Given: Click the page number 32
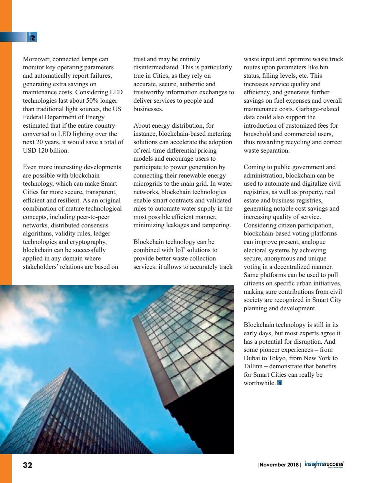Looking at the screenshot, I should [x=28, y=465].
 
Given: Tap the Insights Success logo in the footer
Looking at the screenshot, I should [x=324, y=465].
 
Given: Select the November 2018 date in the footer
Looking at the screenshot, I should [x=279, y=465].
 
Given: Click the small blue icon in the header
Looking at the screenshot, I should [x=32, y=37].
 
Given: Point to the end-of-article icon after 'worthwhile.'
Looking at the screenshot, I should [x=280, y=383].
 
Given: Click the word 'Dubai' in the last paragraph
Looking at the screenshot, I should [x=252, y=358].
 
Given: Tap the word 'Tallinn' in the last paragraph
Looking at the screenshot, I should [x=253, y=366].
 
